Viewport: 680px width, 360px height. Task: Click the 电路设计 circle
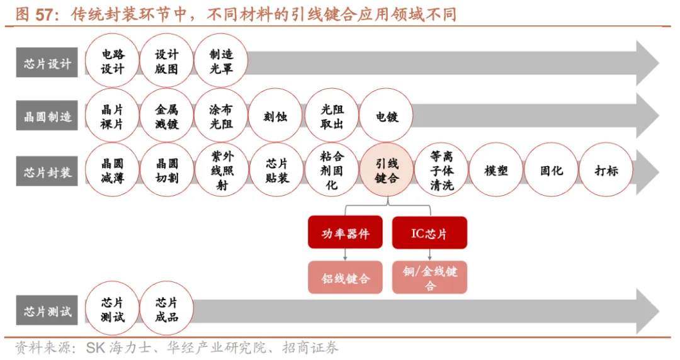[113, 62]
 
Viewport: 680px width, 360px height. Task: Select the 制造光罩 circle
[221, 62]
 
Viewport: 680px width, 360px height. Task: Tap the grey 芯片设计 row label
[47, 63]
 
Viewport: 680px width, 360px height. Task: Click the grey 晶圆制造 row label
[47, 116]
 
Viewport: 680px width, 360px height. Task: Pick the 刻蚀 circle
[276, 116]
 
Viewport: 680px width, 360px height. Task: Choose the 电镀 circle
[387, 116]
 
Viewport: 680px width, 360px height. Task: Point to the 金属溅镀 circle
[167, 116]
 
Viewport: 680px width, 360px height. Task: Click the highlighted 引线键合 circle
[387, 171]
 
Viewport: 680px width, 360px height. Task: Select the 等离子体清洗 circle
[441, 171]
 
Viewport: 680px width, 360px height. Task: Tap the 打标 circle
[606, 171]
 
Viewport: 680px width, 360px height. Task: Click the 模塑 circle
[496, 171]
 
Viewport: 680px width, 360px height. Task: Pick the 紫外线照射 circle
[221, 171]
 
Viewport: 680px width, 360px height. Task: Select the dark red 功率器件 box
[345, 233]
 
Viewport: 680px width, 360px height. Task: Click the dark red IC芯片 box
[429, 233]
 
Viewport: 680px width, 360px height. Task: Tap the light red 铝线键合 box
[345, 278]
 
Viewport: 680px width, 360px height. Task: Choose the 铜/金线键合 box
[429, 278]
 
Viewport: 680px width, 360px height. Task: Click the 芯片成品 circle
[167, 310]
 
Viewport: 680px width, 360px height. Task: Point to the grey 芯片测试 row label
[47, 312]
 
